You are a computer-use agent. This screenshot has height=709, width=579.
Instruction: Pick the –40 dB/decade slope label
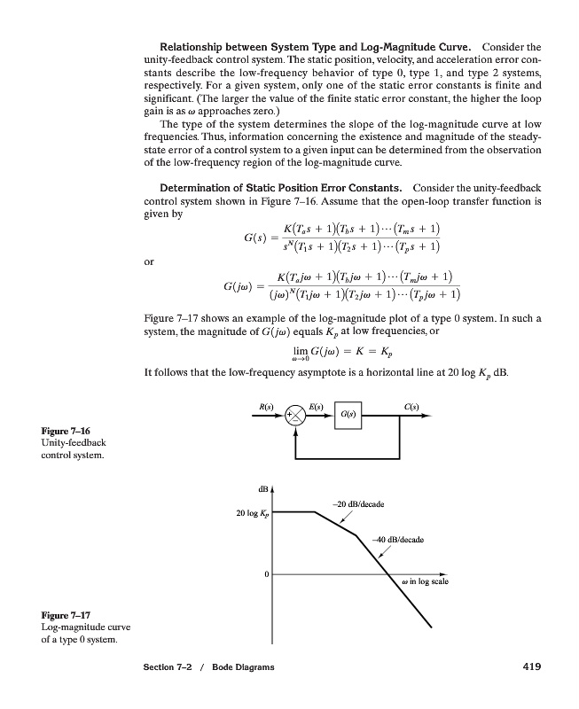pyautogui.click(x=397, y=539)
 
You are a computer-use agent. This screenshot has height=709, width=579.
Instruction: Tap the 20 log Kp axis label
pyautogui.click(x=252, y=513)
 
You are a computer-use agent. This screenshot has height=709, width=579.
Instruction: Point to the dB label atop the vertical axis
pyautogui.click(x=262, y=489)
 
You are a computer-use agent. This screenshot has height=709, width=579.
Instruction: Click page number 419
pyautogui.click(x=529, y=666)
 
